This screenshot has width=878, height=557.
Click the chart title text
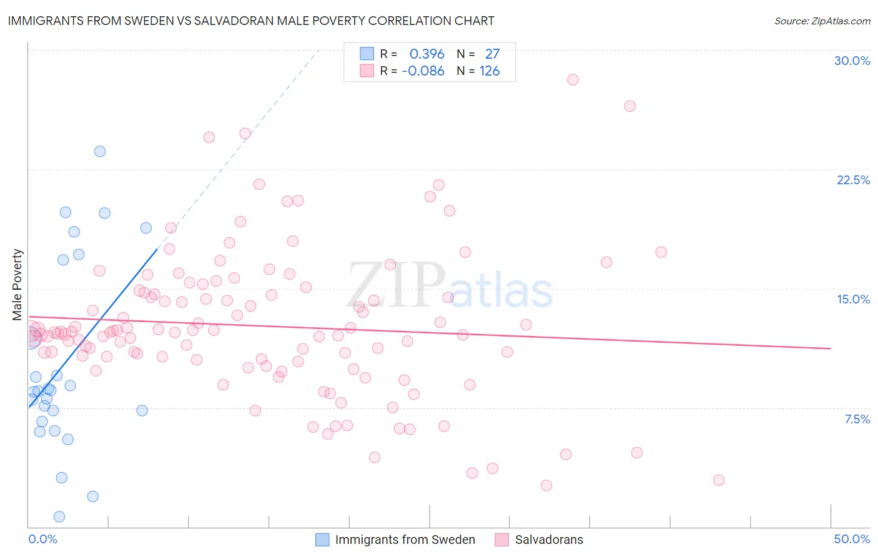coord(250,21)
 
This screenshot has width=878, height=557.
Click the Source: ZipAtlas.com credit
coord(822,21)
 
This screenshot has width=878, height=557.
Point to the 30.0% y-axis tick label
coord(852,61)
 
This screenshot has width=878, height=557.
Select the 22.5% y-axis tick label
coord(853,180)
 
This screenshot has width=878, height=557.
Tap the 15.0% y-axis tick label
coord(853,299)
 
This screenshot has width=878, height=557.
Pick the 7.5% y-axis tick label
coord(857,419)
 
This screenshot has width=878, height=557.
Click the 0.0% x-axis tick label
coord(42,539)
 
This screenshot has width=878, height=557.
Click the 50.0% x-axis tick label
coord(852,539)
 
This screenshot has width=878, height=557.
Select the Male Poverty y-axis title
coord(17,285)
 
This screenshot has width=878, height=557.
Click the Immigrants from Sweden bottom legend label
coord(405,540)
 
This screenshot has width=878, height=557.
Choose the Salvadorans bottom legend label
coord(549,540)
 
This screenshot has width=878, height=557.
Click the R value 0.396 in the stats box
coord(427,54)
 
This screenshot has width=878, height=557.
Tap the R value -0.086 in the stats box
coord(423,71)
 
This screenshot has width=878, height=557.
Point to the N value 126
coord(490,71)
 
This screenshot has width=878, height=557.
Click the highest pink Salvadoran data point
coord(573,80)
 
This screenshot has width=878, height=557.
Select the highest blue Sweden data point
coord(100,152)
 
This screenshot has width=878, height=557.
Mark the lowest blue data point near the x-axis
coord(59,516)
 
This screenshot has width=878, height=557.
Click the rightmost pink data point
coord(719,480)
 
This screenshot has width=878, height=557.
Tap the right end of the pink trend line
coord(831,348)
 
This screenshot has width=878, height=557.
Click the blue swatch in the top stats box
coord(367,54)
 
